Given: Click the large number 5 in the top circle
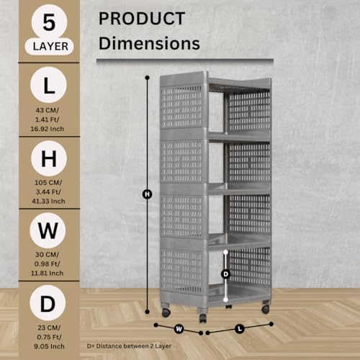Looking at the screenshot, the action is [x=49, y=23].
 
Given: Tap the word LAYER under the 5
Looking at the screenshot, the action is [x=50, y=47].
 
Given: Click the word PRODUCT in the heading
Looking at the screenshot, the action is [x=142, y=19].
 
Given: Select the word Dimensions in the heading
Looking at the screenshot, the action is [x=149, y=43].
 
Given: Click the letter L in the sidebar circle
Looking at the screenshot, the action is [x=49, y=85].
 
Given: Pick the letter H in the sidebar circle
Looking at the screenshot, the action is [x=49, y=158].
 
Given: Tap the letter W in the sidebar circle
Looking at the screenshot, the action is [x=48, y=230].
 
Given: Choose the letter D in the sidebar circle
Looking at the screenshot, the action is [x=48, y=304].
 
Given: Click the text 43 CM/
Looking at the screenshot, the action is [x=47, y=110].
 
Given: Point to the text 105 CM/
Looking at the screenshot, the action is [x=48, y=183].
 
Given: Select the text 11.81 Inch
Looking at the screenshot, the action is [x=47, y=273].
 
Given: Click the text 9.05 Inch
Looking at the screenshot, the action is [x=49, y=346].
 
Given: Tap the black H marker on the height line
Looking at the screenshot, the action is [x=147, y=194].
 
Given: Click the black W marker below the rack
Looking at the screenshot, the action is [x=179, y=329].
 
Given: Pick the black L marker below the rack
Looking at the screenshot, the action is [x=240, y=328].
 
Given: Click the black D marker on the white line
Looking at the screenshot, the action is [x=225, y=274].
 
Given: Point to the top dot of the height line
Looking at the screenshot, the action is [x=148, y=78].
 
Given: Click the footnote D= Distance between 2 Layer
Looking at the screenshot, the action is [x=129, y=346].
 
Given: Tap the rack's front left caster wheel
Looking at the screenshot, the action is [x=166, y=312].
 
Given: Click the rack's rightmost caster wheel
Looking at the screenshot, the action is [x=265, y=309].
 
